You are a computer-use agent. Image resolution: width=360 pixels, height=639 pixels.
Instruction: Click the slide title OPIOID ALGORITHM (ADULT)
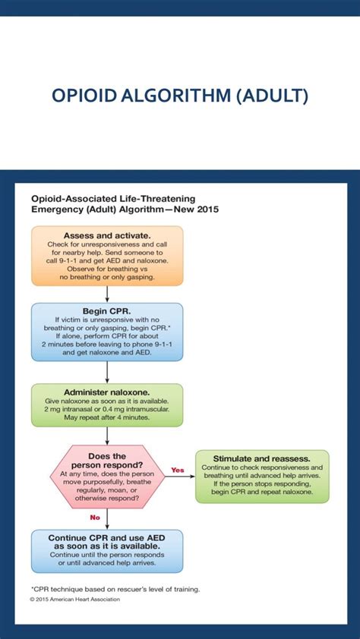pyautogui.click(x=180, y=96)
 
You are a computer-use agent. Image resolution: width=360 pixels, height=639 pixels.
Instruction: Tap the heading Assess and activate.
pyautogui.click(x=106, y=235)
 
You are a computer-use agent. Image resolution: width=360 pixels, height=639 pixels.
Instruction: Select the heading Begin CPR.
pyautogui.click(x=106, y=311)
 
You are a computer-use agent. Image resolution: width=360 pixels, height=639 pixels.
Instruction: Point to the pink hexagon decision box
pyautogui.click(x=106, y=477)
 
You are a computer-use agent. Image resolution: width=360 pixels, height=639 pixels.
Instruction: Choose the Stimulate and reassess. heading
pyautogui.click(x=261, y=458)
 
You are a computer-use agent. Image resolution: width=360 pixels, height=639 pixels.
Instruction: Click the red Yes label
pyautogui.click(x=178, y=470)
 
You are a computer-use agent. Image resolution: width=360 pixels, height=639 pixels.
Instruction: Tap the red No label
pyautogui.click(x=96, y=518)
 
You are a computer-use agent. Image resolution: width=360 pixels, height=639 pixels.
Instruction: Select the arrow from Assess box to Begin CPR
pyautogui.click(x=106, y=294)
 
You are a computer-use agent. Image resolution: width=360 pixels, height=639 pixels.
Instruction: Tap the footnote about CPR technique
pyautogui.click(x=115, y=588)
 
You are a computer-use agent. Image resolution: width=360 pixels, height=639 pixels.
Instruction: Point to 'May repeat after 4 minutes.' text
pyautogui.click(x=106, y=417)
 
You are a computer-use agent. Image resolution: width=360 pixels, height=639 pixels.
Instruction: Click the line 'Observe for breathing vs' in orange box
pyautogui.click(x=106, y=269)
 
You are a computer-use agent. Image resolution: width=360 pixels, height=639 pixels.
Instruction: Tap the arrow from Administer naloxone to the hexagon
pyautogui.click(x=106, y=436)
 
